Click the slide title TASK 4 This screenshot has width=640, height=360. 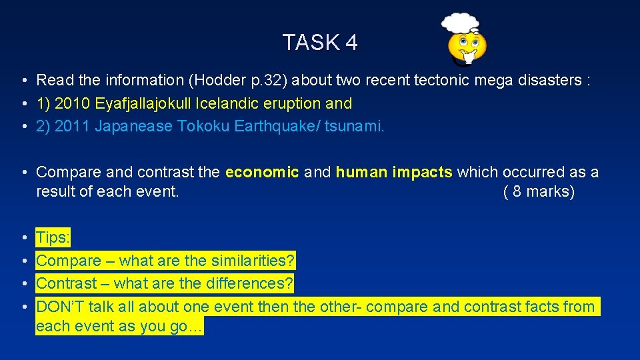320,43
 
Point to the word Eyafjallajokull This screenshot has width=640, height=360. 143,104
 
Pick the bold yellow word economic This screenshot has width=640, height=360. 262,173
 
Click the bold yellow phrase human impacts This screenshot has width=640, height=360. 393,173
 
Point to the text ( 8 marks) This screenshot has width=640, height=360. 538,193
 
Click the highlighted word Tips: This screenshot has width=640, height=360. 53,238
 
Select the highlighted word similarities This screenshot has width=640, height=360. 252,261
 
